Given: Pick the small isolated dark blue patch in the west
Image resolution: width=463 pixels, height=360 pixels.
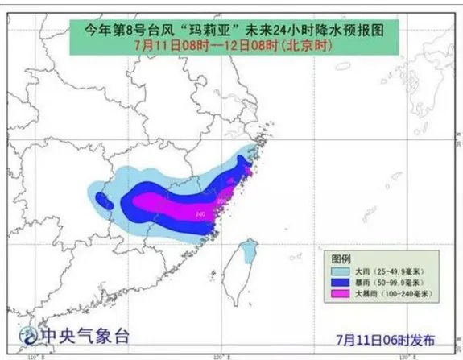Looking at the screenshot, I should pos(101,201).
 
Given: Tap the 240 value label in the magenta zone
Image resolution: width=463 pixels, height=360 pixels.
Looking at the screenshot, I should pos(200,213).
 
